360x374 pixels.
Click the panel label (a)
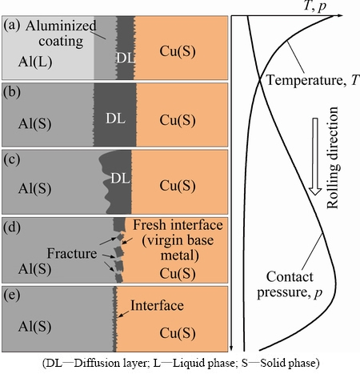coord(12,26)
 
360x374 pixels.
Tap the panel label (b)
coord(12,92)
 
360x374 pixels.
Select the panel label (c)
coord(11,160)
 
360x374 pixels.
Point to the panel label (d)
coord(12,227)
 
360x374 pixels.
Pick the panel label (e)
coord(11,295)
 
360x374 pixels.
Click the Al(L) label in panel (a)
coord(35,62)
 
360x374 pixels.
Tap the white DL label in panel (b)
coord(115,118)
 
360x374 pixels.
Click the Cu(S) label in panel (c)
coord(178,186)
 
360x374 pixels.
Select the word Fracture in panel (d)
coord(72,253)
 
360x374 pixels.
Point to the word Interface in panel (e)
coord(157,305)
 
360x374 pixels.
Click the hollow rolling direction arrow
coord(315,156)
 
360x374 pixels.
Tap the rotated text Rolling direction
coord(333,158)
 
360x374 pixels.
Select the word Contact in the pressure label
coord(290,277)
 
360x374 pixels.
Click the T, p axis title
coord(315,6)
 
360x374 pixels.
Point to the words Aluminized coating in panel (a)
coord(61,34)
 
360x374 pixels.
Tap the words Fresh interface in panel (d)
coord(178,225)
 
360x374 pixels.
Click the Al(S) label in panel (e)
coord(34,327)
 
